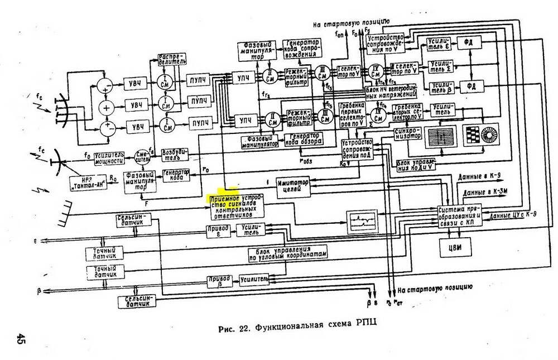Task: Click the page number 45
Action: coord(21,339)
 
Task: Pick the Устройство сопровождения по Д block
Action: coord(356,150)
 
